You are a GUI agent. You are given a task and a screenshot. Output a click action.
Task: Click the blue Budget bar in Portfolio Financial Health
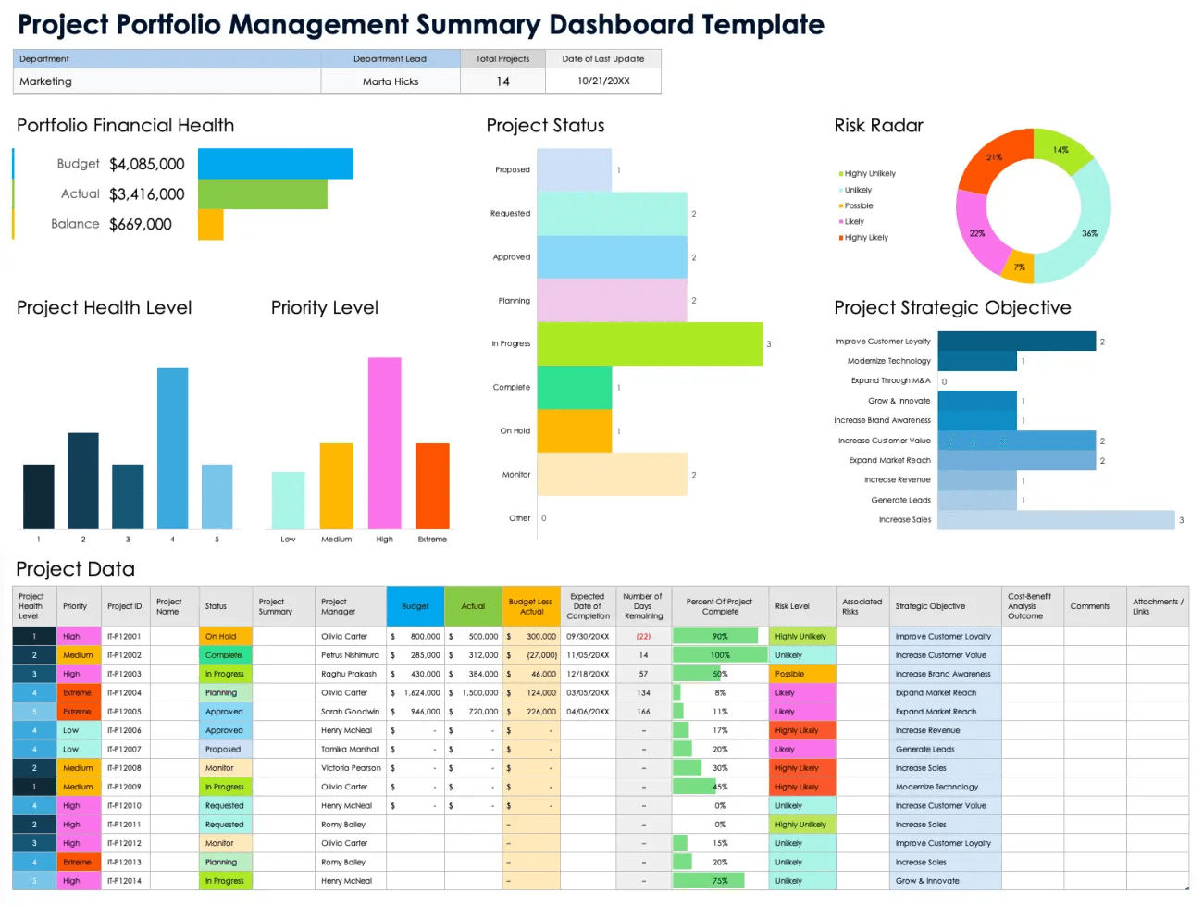[275, 164]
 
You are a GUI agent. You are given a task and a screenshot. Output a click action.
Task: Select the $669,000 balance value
[141, 224]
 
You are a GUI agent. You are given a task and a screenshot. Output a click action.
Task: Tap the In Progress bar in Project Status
[649, 343]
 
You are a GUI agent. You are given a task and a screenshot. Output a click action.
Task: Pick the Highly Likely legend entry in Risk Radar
[864, 238]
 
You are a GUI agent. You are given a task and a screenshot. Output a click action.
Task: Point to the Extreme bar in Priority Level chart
[432, 486]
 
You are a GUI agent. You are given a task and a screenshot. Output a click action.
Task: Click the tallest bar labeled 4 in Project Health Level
[172, 449]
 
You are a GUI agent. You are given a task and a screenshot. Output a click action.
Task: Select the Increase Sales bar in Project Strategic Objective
[1055, 520]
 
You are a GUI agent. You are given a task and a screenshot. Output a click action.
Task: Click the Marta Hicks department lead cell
[391, 81]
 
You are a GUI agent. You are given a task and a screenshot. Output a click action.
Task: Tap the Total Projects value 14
[502, 81]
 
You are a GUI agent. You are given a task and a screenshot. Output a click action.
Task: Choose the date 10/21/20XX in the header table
[603, 81]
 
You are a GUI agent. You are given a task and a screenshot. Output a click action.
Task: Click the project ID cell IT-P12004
[124, 692]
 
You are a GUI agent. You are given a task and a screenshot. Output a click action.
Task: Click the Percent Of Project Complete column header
[720, 606]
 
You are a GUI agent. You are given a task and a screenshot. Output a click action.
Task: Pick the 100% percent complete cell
[720, 655]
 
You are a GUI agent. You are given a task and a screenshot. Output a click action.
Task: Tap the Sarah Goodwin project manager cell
[350, 712]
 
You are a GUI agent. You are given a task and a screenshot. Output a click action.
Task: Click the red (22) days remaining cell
[643, 636]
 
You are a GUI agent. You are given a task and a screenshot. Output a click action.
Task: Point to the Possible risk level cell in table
[801, 674]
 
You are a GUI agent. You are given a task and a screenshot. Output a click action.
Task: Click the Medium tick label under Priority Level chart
[336, 540]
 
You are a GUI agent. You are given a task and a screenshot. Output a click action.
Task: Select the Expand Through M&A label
[890, 380]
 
